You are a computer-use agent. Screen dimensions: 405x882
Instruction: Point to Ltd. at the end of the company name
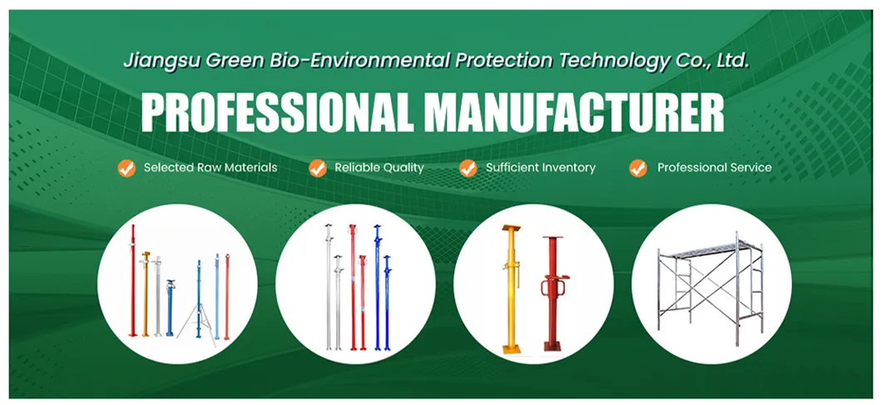point(732,60)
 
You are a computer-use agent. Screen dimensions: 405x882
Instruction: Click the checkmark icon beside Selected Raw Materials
point(126,168)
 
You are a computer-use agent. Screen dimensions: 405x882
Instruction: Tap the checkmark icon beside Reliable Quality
point(317,168)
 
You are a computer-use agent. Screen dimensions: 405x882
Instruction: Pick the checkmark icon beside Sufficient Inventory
point(468,168)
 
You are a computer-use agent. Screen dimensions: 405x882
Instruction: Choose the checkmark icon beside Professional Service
point(638,168)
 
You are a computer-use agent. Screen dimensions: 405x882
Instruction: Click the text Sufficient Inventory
point(541,168)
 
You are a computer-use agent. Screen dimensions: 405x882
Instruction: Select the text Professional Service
point(714,168)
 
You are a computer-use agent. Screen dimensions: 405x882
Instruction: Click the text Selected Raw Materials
point(211,168)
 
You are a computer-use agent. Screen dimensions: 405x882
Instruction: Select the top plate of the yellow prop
point(511,229)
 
